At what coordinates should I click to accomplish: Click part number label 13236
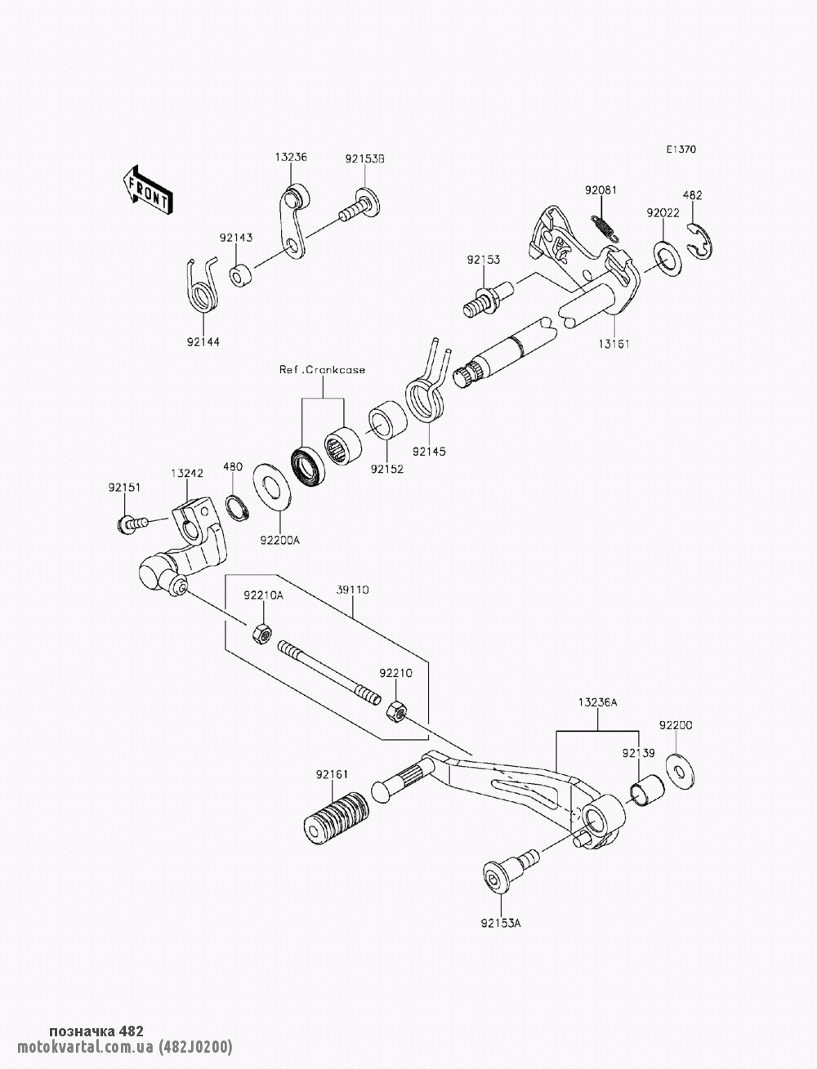(x=290, y=157)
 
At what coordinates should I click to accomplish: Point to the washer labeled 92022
(x=667, y=257)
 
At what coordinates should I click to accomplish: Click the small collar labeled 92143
(x=239, y=275)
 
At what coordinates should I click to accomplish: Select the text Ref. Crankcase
(x=322, y=370)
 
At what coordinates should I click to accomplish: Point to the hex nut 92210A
(x=261, y=631)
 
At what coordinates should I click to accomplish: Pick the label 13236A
(x=597, y=702)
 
